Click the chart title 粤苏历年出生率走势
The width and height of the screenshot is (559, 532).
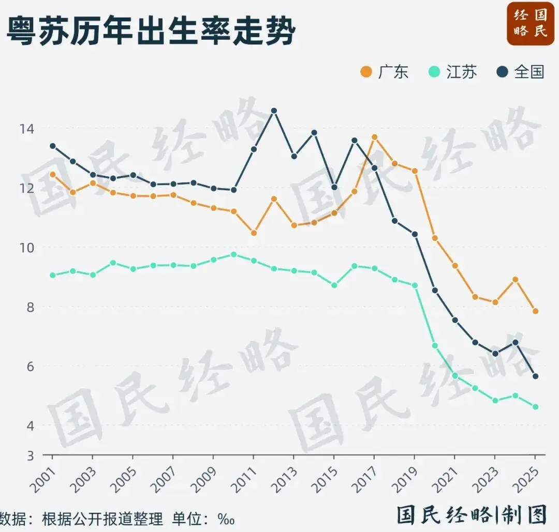pyautogui.click(x=151, y=32)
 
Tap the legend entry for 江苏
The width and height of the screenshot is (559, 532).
pyautogui.click(x=453, y=71)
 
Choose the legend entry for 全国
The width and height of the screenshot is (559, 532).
pyautogui.click(x=521, y=71)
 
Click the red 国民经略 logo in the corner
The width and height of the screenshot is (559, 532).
pyautogui.click(x=530, y=23)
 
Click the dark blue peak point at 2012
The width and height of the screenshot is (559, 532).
pyautogui.click(x=274, y=111)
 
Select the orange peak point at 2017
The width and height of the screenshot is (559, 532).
pyautogui.click(x=374, y=137)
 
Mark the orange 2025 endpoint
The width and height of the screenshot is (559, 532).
pyautogui.click(x=536, y=311)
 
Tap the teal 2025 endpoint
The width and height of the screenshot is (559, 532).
pyautogui.click(x=536, y=407)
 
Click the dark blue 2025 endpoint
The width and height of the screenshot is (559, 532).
pyautogui.click(x=536, y=376)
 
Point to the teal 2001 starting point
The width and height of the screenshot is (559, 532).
pyautogui.click(x=52, y=275)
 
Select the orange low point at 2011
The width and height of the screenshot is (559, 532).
pyautogui.click(x=254, y=233)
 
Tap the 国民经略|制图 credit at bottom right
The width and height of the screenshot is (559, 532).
pyautogui.click(x=472, y=515)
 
